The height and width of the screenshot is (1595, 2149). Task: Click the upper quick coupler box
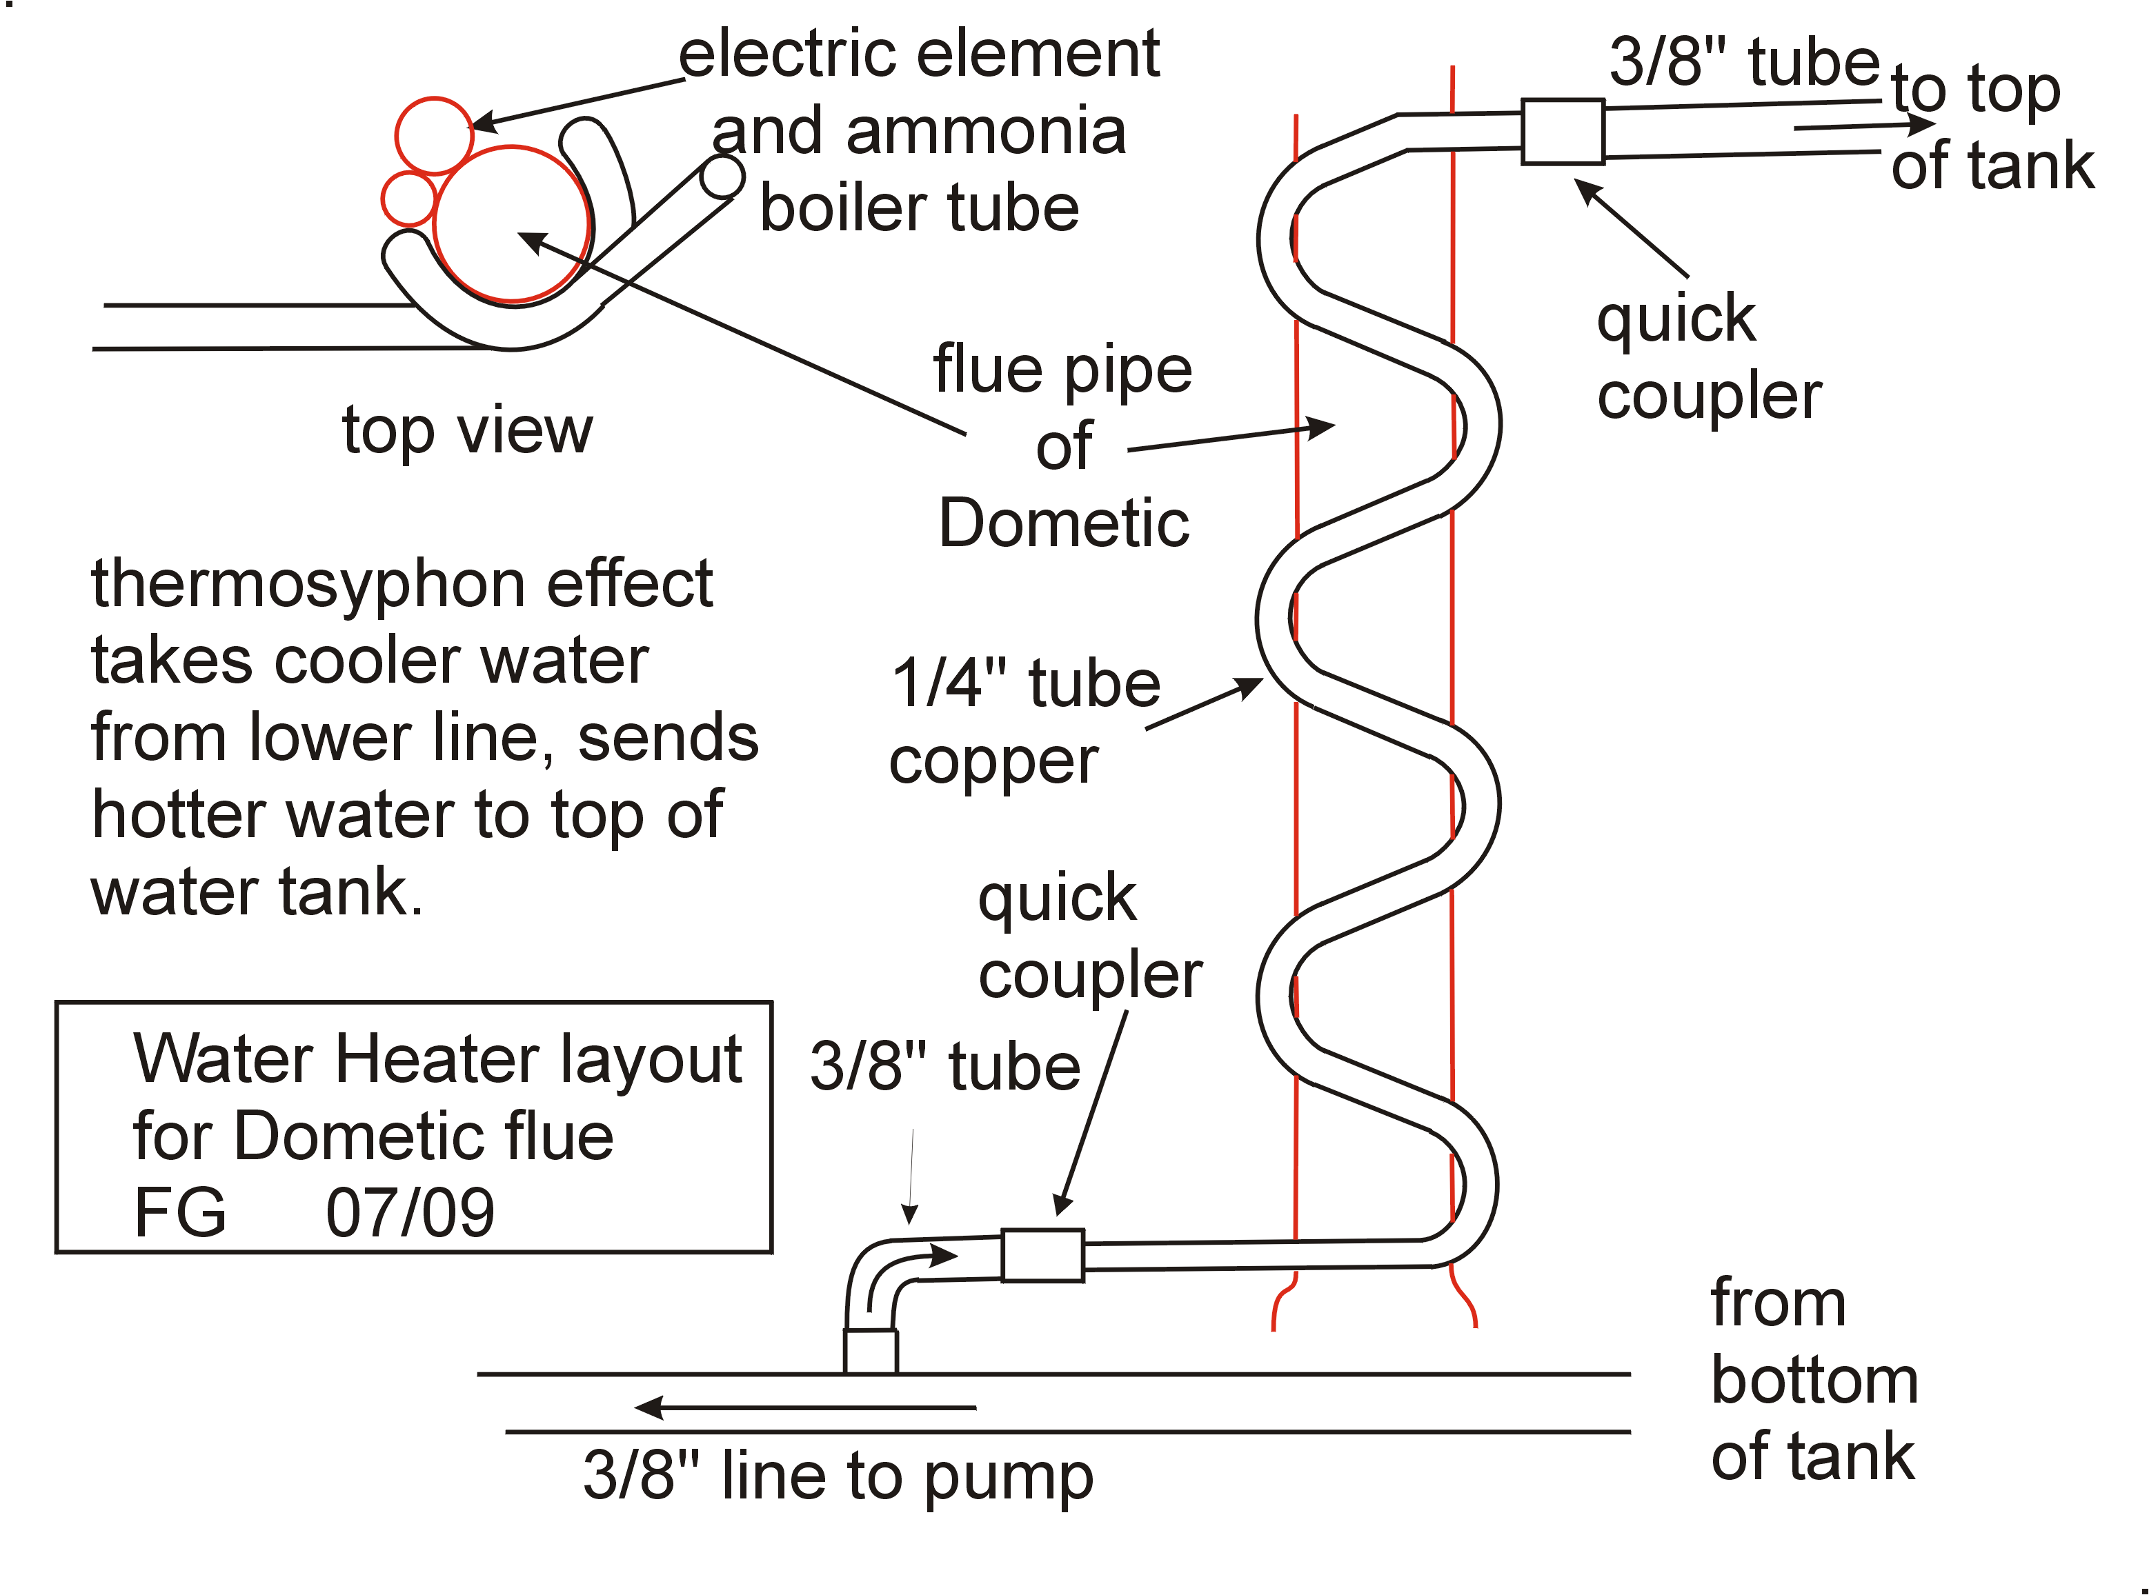click(x=1562, y=131)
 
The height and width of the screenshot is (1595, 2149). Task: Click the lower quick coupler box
click(x=1042, y=1255)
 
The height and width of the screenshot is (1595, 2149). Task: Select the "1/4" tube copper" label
click(x=1024, y=722)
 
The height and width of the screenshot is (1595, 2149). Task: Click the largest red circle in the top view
click(x=511, y=224)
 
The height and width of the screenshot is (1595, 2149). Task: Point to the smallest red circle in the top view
click(x=408, y=199)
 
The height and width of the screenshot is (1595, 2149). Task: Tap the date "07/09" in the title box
click(x=410, y=1214)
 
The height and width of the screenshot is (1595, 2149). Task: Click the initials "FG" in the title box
click(x=179, y=1214)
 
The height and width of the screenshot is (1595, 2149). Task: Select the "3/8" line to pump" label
click(x=838, y=1477)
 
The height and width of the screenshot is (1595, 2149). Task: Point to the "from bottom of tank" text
click(x=1813, y=1381)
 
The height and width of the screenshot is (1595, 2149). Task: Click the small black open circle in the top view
click(x=722, y=176)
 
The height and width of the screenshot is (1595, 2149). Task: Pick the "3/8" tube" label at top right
click(x=1743, y=62)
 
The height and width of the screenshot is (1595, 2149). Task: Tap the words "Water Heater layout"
click(x=437, y=1059)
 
